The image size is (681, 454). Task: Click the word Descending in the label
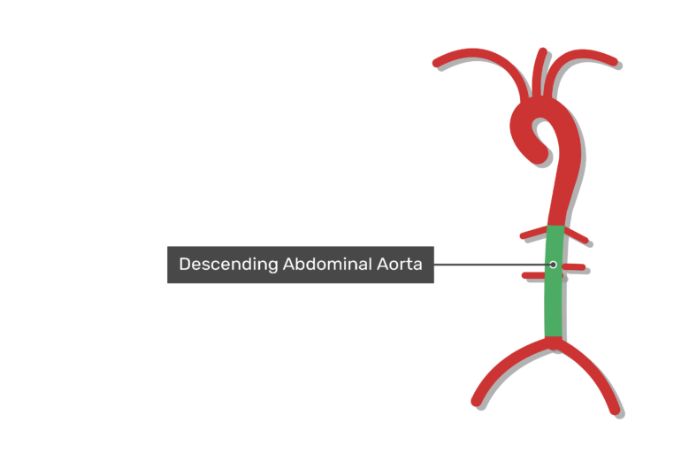[228, 265]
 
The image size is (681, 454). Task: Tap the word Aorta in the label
[399, 264]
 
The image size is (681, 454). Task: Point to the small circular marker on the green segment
[553, 264]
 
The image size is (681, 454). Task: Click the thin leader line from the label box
[492, 264]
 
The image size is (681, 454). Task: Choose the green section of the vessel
[555, 281]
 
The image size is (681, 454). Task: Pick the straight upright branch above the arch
[539, 73]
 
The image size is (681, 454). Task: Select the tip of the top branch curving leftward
[437, 63]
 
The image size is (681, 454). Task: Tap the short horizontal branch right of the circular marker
[574, 266]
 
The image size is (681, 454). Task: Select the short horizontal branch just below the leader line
[534, 275]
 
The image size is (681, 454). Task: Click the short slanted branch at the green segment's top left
[534, 233]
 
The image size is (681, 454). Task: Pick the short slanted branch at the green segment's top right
[577, 235]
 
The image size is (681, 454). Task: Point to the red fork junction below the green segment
[554, 342]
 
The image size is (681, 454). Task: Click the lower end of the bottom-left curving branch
[477, 402]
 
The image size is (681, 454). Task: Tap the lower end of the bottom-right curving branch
[615, 409]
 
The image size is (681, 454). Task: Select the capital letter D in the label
[185, 264]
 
